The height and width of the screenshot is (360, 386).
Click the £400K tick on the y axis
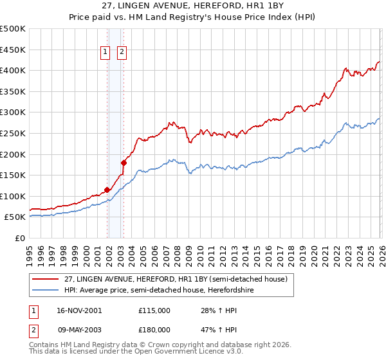pyautogui.click(x=13, y=70)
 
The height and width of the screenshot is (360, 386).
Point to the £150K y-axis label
pyautogui.click(x=13, y=175)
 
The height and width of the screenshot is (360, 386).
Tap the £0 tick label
pyautogui.click(x=19, y=238)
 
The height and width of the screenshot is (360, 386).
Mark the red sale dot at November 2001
pyautogui.click(x=107, y=190)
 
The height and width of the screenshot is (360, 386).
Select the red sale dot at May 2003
pyautogui.click(x=124, y=163)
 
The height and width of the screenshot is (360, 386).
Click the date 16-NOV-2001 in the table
pyautogui.click(x=78, y=310)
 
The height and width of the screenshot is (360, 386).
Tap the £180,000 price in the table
pyautogui.click(x=154, y=329)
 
